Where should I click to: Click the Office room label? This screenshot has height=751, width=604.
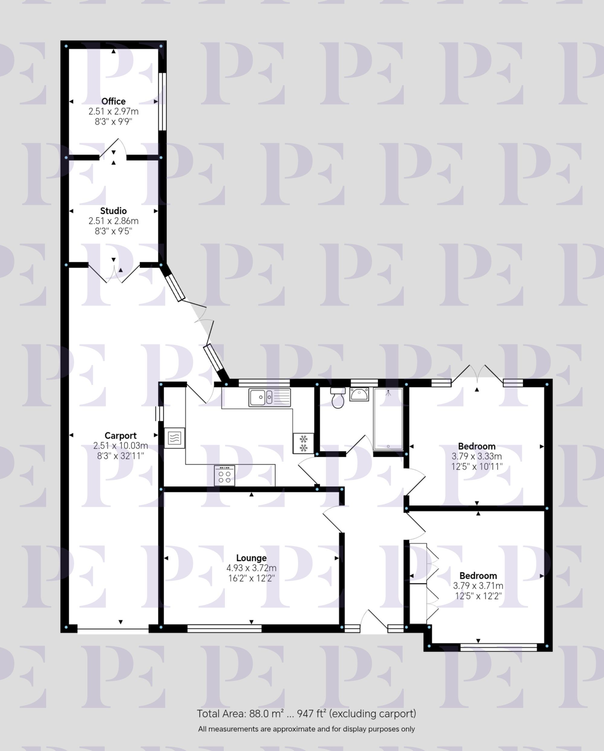pos(114,102)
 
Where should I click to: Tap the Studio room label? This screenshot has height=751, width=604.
pos(114,211)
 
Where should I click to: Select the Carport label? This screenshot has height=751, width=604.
pos(120,435)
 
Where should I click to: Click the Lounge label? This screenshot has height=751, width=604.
pos(251,558)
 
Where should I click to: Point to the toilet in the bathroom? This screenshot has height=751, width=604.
pos(338,398)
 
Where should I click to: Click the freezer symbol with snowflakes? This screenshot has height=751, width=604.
pos(304,443)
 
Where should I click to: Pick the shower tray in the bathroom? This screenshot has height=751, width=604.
pos(388,419)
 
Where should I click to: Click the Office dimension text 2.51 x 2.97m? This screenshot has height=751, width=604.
pos(114,111)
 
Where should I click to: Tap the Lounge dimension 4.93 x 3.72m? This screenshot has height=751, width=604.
pos(251,568)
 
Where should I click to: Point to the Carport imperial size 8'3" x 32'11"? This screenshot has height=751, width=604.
pos(120,456)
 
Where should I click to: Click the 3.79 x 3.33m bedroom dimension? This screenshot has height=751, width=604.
pos(477,456)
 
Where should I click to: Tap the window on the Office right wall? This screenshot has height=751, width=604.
pos(162,102)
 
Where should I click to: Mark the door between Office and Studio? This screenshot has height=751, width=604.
pos(113,150)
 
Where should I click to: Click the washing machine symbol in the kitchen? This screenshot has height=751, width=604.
pos(175,438)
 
